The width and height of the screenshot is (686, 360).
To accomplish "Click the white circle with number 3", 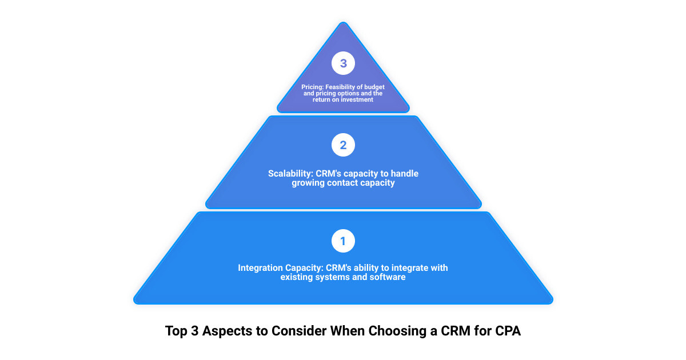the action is click(x=343, y=63).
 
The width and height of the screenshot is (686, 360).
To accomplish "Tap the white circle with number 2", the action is click(x=343, y=145).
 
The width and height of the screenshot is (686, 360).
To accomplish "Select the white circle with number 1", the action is click(x=343, y=241).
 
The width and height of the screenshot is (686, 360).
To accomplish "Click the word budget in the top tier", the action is click(x=374, y=87).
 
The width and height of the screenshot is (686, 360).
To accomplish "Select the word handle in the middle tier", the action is click(x=405, y=174).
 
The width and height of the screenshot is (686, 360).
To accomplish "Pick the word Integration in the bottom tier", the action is click(x=260, y=268).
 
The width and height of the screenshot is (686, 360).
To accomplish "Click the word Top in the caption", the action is click(x=176, y=331).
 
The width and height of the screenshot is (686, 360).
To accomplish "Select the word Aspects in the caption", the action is click(x=227, y=331).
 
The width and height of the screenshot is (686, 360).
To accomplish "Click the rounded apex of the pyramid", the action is click(x=344, y=23).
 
